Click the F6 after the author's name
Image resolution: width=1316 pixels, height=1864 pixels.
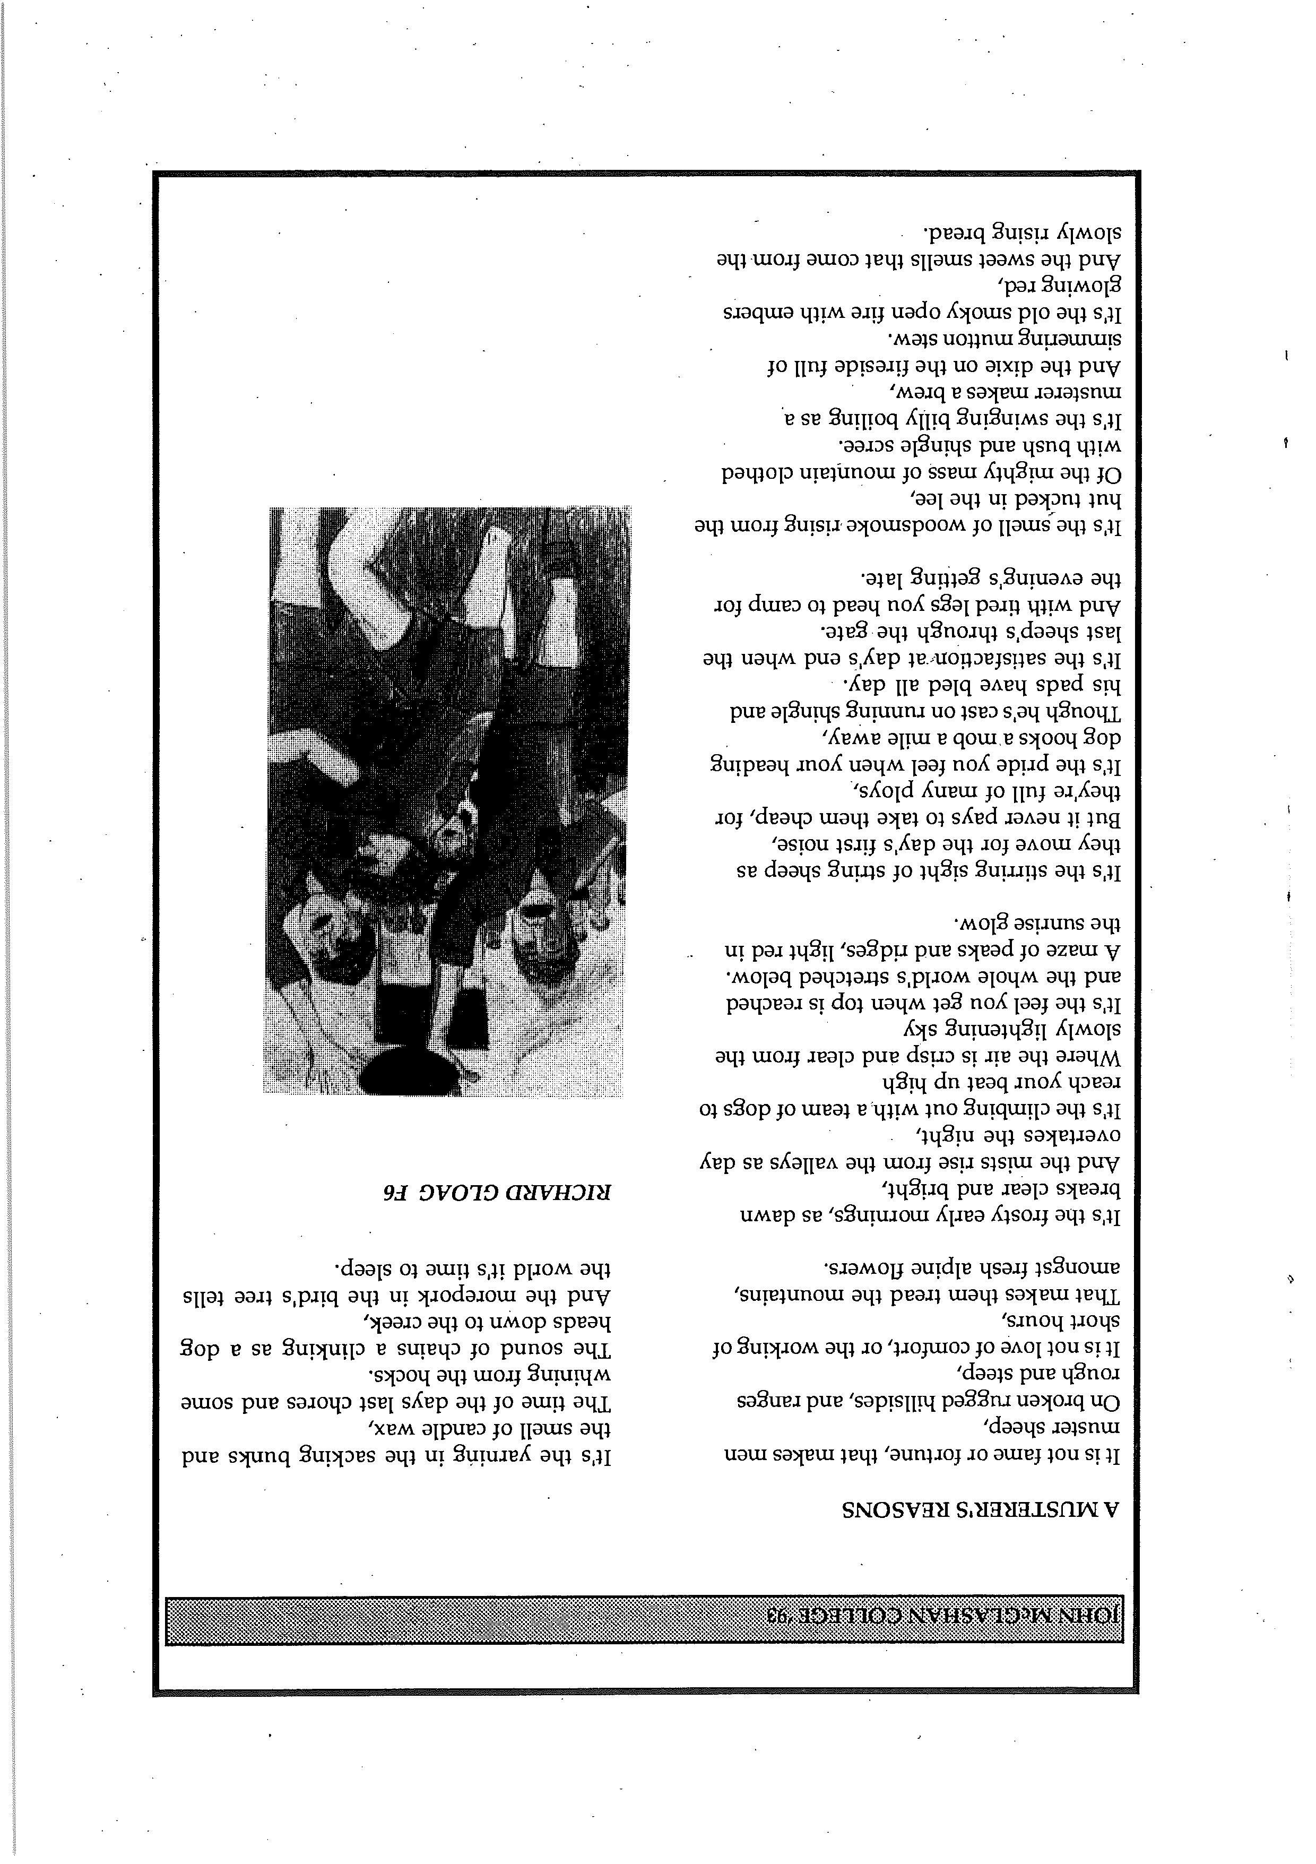click(396, 1191)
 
